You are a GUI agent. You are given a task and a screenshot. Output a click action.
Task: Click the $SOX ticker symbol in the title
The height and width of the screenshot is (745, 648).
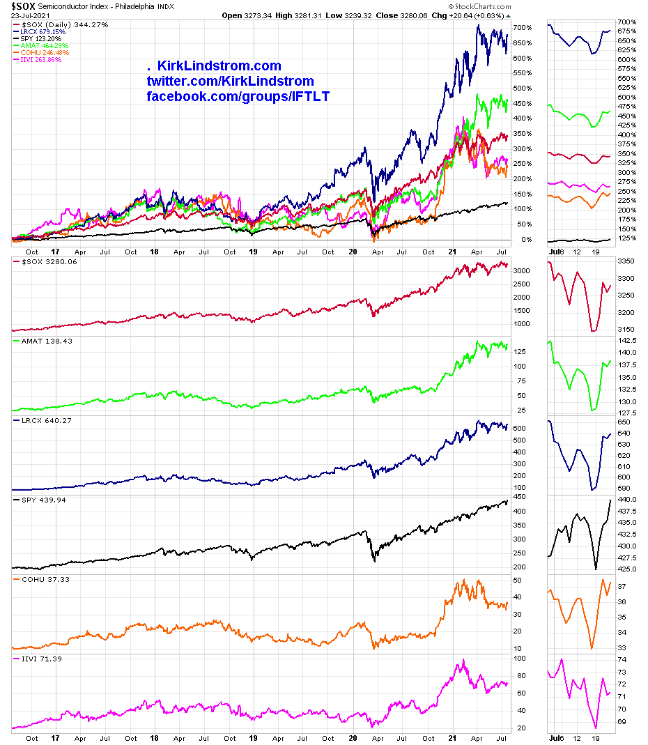(x=23, y=6)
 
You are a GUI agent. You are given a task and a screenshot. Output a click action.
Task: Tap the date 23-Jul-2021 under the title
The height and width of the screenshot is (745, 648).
(x=29, y=15)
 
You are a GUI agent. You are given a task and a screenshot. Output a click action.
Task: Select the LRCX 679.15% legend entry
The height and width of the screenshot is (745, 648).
(x=44, y=31)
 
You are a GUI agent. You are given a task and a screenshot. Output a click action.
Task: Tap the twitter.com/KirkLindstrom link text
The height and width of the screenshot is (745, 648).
(x=230, y=82)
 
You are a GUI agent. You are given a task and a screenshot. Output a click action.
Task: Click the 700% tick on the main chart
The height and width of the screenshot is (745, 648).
(x=524, y=28)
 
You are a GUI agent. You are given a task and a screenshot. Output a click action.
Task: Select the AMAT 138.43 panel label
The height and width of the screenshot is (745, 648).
(x=47, y=341)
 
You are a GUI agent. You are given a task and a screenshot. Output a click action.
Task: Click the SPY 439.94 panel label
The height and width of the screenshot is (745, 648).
(x=45, y=500)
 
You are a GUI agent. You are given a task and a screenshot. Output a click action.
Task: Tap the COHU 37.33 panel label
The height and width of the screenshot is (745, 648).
(x=47, y=579)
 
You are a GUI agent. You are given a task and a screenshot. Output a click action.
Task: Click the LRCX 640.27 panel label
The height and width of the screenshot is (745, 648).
(x=47, y=421)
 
